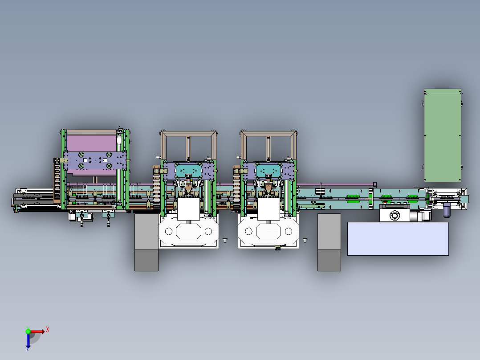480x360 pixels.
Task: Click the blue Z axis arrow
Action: pyautogui.click(x=28, y=341)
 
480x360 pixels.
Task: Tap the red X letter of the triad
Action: pyautogui.click(x=48, y=329)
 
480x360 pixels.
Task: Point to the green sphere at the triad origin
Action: pyautogui.click(x=28, y=331)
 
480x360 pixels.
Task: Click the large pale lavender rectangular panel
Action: pyautogui.click(x=398, y=239)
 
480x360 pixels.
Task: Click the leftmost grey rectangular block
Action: pyautogui.click(x=146, y=243)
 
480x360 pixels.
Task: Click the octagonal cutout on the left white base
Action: pyautogui.click(x=189, y=231)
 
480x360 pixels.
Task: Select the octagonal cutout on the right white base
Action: pyautogui.click(x=268, y=231)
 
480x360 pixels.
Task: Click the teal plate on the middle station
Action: pyautogui.click(x=190, y=170)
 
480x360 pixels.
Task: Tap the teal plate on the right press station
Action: pyautogui.click(x=269, y=170)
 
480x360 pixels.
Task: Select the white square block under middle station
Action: pyautogui.click(x=189, y=209)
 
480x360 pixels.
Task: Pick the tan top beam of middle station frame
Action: pyautogui.click(x=188, y=133)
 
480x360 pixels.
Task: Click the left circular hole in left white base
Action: pyautogui.click(x=169, y=231)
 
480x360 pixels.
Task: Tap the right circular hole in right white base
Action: pyautogui.click(x=288, y=231)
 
